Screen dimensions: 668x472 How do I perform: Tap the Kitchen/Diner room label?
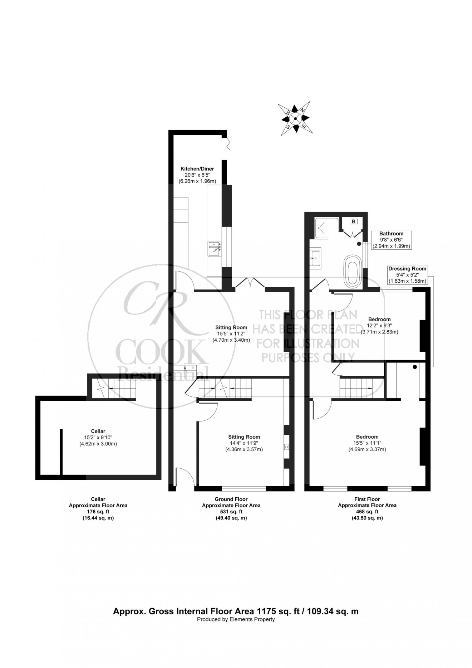tap(197, 169)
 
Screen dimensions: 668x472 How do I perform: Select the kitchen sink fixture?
tap(215, 249)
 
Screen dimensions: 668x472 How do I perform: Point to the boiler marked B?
tap(353, 221)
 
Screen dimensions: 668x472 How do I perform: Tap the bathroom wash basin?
tap(315, 257)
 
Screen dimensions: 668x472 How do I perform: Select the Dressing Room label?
tap(408, 269)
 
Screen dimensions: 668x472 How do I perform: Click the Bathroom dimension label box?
tap(391, 240)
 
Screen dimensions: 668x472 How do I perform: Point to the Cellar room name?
tap(98, 431)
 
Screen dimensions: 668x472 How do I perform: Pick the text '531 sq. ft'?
tap(231, 512)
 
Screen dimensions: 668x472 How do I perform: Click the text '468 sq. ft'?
tap(367, 512)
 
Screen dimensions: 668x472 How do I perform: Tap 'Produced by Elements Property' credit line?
tap(236, 619)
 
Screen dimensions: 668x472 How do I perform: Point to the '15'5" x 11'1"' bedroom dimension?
tap(367, 443)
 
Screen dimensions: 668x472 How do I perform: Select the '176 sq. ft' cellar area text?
tap(98, 512)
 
